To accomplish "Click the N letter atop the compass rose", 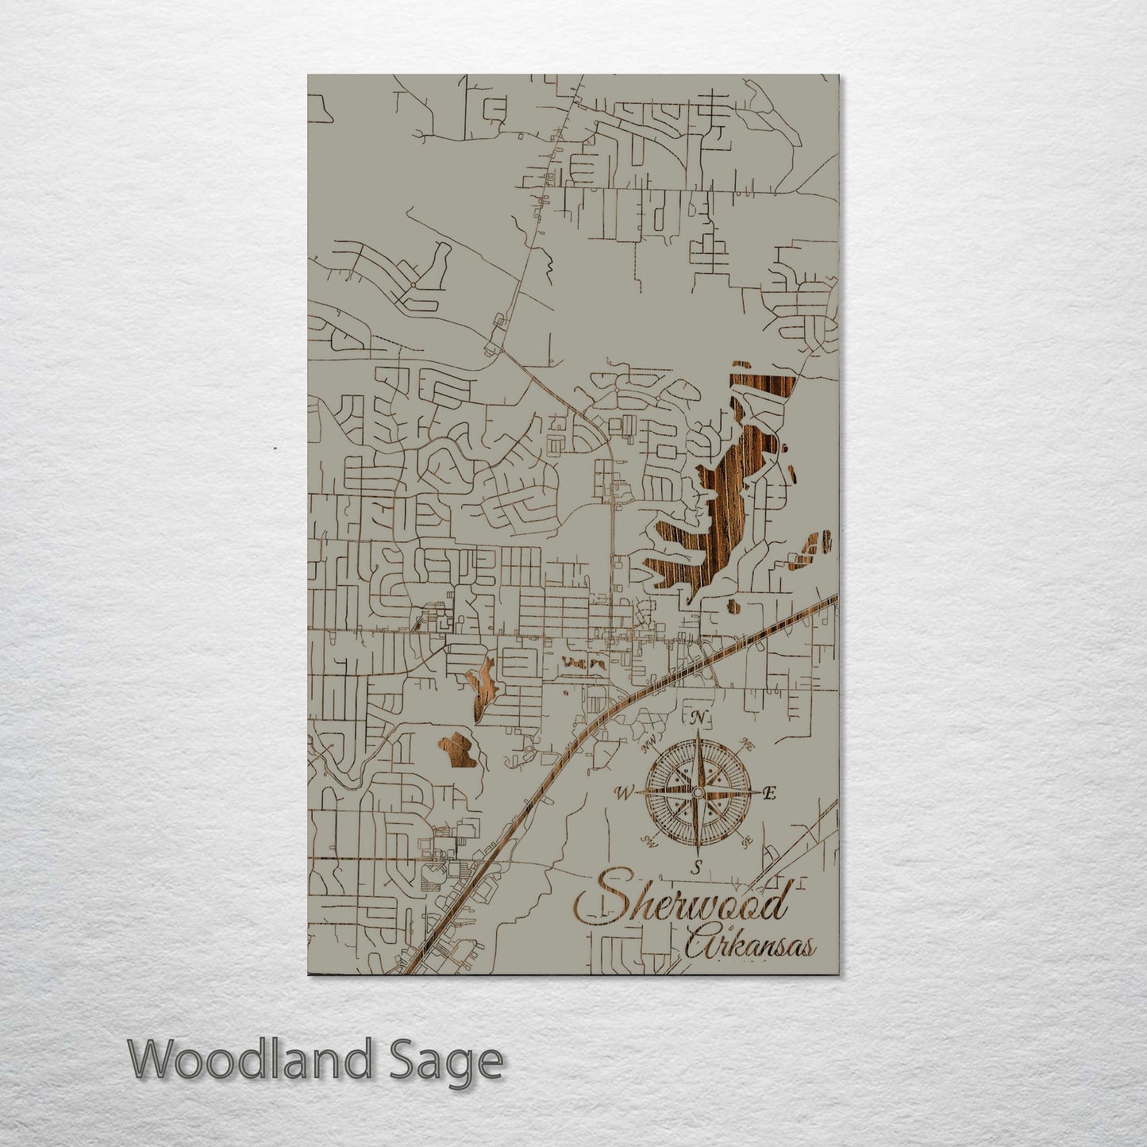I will pyautogui.click(x=698, y=719).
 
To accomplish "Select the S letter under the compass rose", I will pyautogui.click(x=696, y=865).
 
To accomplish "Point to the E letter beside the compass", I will pyautogui.click(x=768, y=793).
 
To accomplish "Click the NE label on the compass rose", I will pyautogui.click(x=746, y=744).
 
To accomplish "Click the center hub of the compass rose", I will pyautogui.click(x=697, y=792).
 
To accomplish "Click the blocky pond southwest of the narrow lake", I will pyautogui.click(x=458, y=751).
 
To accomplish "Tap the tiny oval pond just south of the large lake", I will pyautogui.click(x=733, y=608).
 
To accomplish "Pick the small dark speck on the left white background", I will pyautogui.click(x=275, y=448).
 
